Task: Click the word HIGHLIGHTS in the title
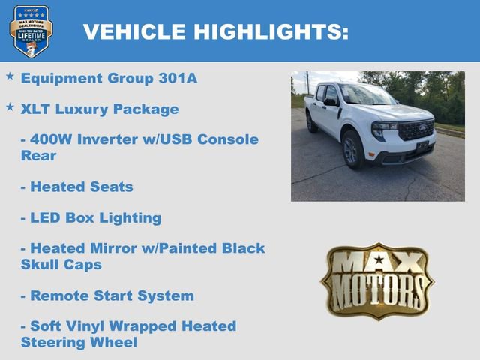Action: pyautogui.click(x=271, y=32)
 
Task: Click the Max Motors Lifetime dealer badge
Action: pyautogui.click(x=31, y=31)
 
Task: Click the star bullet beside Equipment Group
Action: pyautogui.click(x=10, y=77)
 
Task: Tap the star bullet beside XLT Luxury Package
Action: pyautogui.click(x=10, y=108)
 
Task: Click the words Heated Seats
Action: pyautogui.click(x=81, y=187)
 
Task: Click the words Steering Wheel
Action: pyautogui.click(x=79, y=343)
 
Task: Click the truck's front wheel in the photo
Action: pyautogui.click(x=352, y=148)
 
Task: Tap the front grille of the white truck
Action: pyautogui.click(x=415, y=130)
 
